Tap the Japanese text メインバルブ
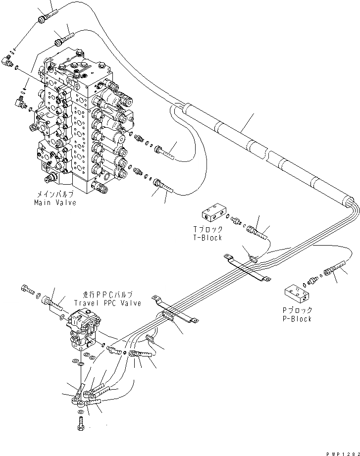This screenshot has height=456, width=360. pyautogui.click(x=55, y=195)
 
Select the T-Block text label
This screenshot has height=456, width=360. pyautogui.click(x=207, y=238)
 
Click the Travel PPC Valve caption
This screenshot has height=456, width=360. pyautogui.click(x=107, y=303)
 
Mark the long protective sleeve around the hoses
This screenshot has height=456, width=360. pyautogui.click(x=262, y=149)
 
